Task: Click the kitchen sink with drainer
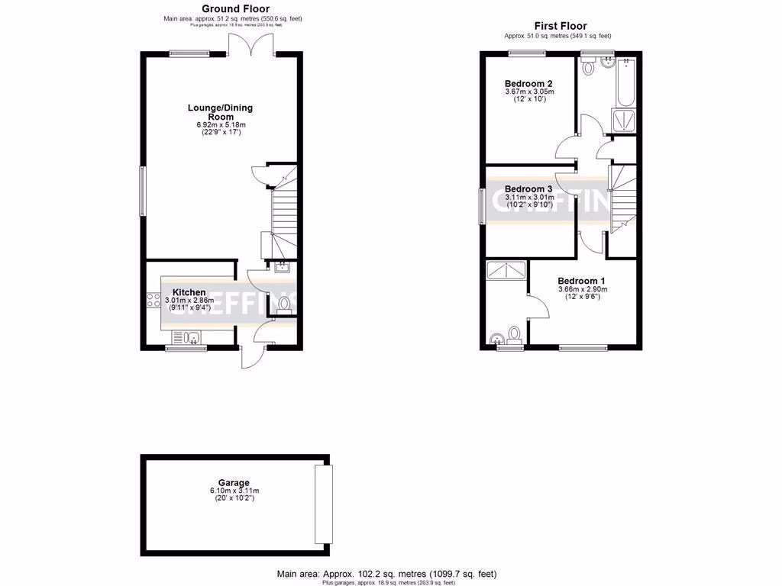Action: (x=186, y=337)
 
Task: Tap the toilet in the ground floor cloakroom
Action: (x=284, y=305)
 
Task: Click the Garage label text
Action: (x=234, y=483)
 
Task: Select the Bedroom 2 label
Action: (x=528, y=84)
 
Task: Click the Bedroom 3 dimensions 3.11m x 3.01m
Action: (x=528, y=198)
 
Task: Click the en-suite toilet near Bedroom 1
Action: (x=514, y=333)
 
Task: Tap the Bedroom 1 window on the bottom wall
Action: (x=583, y=348)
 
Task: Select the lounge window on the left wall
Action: (x=141, y=192)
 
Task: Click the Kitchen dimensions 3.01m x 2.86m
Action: (x=189, y=301)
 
